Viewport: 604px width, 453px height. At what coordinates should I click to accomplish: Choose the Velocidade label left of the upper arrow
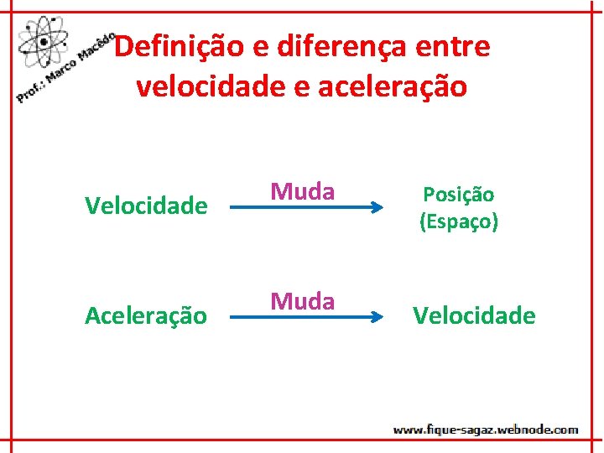tap(146, 206)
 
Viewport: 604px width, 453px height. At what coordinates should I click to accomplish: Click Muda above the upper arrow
tap(302, 191)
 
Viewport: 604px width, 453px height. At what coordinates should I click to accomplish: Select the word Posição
tap(458, 194)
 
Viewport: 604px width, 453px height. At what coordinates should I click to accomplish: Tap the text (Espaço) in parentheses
tap(459, 222)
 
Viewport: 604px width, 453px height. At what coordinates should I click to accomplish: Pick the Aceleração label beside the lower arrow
tap(146, 315)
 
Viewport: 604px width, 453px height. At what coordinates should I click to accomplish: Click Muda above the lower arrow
tap(302, 300)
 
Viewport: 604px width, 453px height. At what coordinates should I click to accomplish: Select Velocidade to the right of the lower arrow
tap(474, 315)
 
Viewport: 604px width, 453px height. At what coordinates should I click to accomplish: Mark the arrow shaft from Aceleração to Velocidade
tap(294, 317)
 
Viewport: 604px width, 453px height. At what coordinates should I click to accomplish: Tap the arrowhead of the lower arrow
tap(367, 317)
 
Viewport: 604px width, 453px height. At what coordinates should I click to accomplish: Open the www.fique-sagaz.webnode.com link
tap(486, 430)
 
